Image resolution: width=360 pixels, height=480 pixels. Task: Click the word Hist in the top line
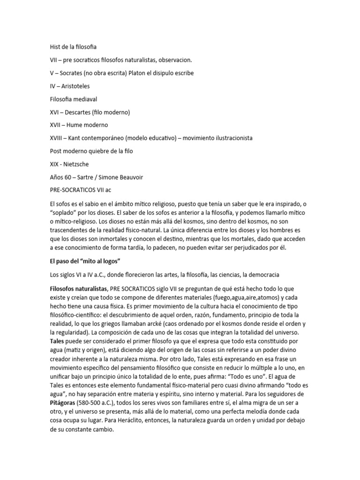(x=56, y=47)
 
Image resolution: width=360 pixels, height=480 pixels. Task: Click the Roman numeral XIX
(x=55, y=165)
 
